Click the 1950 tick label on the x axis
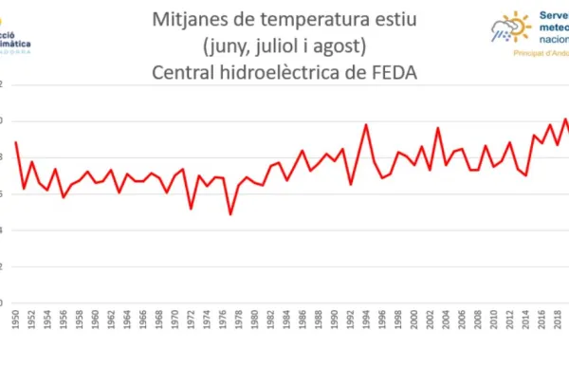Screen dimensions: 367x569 click(x=15, y=320)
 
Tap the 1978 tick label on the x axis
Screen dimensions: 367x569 click(x=230, y=320)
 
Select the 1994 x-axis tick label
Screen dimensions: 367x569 click(x=366, y=320)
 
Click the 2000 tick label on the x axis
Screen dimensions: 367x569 click(x=413, y=320)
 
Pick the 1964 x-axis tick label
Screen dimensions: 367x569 click(x=128, y=320)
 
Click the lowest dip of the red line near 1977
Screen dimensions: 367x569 click(x=229, y=214)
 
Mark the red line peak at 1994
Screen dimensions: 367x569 click(x=366, y=124)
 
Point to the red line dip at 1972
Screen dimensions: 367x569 click(x=191, y=209)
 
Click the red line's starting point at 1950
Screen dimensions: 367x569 click(x=15, y=142)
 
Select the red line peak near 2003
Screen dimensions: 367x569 click(x=438, y=128)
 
